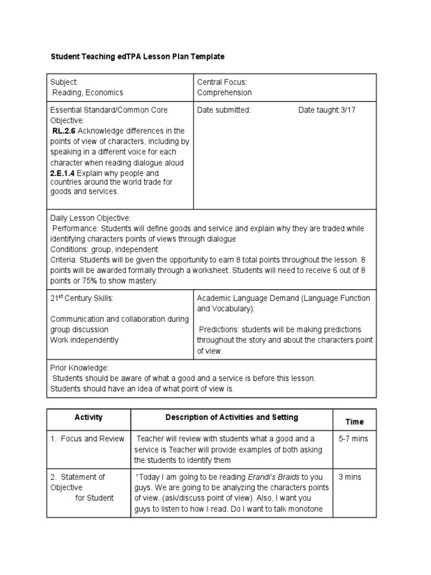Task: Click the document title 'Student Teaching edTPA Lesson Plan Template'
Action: click(137, 57)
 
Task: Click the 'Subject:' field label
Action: click(64, 82)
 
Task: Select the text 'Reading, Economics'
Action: click(88, 93)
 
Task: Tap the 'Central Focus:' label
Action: click(222, 82)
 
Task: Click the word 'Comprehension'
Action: click(224, 93)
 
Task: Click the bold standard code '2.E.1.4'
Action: click(62, 174)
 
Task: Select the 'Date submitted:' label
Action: click(224, 110)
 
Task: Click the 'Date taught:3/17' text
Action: click(327, 110)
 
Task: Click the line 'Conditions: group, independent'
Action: click(104, 249)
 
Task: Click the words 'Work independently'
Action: click(85, 340)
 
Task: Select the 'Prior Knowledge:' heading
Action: click(79, 367)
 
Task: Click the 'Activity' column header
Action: click(89, 418)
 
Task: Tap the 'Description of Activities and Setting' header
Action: click(232, 418)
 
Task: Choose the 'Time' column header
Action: click(354, 422)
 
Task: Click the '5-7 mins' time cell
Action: click(354, 439)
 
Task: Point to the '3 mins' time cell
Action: click(350, 477)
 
